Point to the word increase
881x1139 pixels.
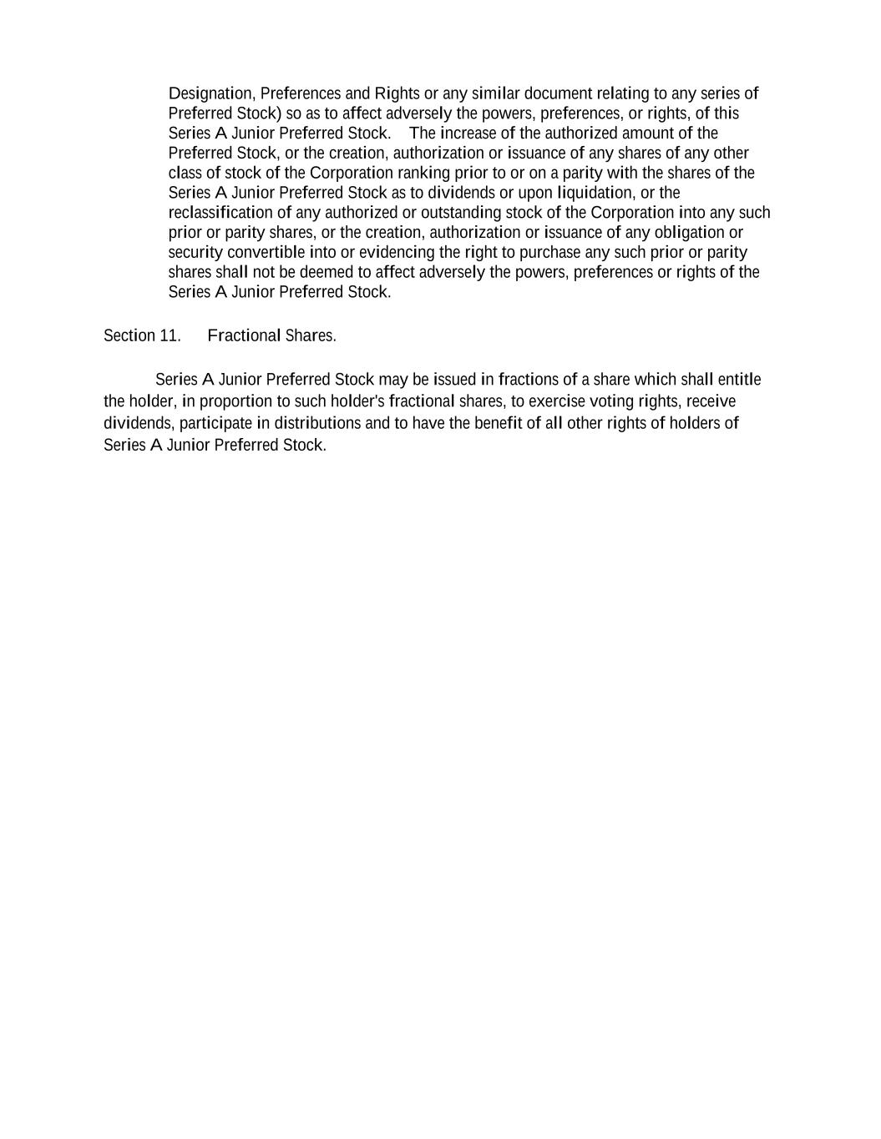[x=468, y=134]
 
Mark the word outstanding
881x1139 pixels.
[x=461, y=213]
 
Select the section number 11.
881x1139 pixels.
[x=170, y=335]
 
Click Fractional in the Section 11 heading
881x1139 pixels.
[x=244, y=335]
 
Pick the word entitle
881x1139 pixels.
[x=738, y=380]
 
